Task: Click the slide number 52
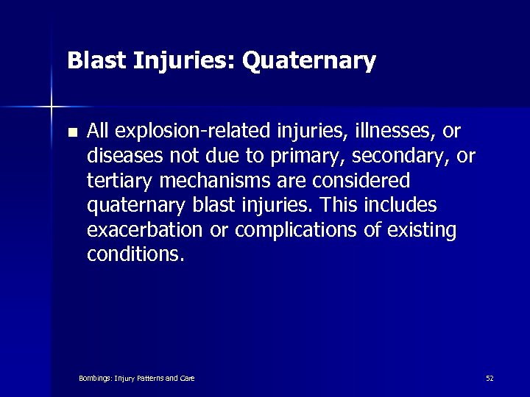490,378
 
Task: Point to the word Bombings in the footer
93,378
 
